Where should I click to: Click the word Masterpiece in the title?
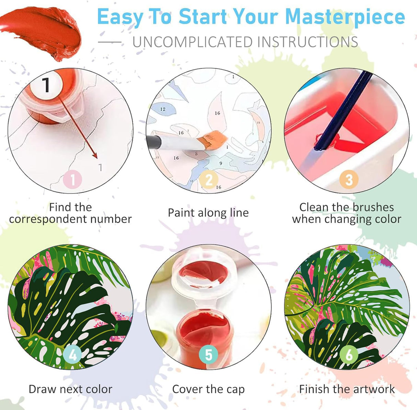pos(345,17)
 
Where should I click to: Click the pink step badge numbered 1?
pos(72,179)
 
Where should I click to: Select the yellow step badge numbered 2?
pos(208,179)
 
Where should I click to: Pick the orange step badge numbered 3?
pos(349,179)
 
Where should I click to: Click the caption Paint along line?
pos(208,213)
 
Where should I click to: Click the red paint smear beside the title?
pos(41,33)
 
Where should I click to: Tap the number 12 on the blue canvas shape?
pos(163,109)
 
